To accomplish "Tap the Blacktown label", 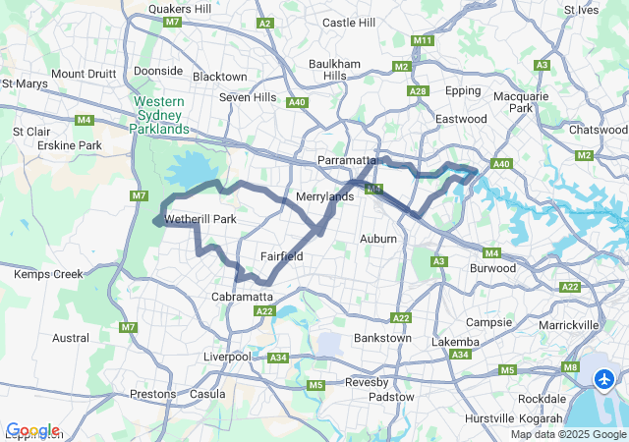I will pos(220,77).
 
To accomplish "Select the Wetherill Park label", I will pos(201,219).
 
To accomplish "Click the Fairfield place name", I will pos(281,256).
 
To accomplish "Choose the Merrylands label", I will pos(325,197).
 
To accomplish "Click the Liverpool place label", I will pos(227,357).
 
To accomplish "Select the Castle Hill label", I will pos(349,22).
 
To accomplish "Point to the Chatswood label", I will pos(599,130).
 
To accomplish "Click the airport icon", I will pos(603,377).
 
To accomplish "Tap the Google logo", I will pos(32,430).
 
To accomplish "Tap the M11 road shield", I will pos(424,40).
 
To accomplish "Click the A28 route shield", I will pos(419,91).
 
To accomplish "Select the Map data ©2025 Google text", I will pos(568,434).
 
